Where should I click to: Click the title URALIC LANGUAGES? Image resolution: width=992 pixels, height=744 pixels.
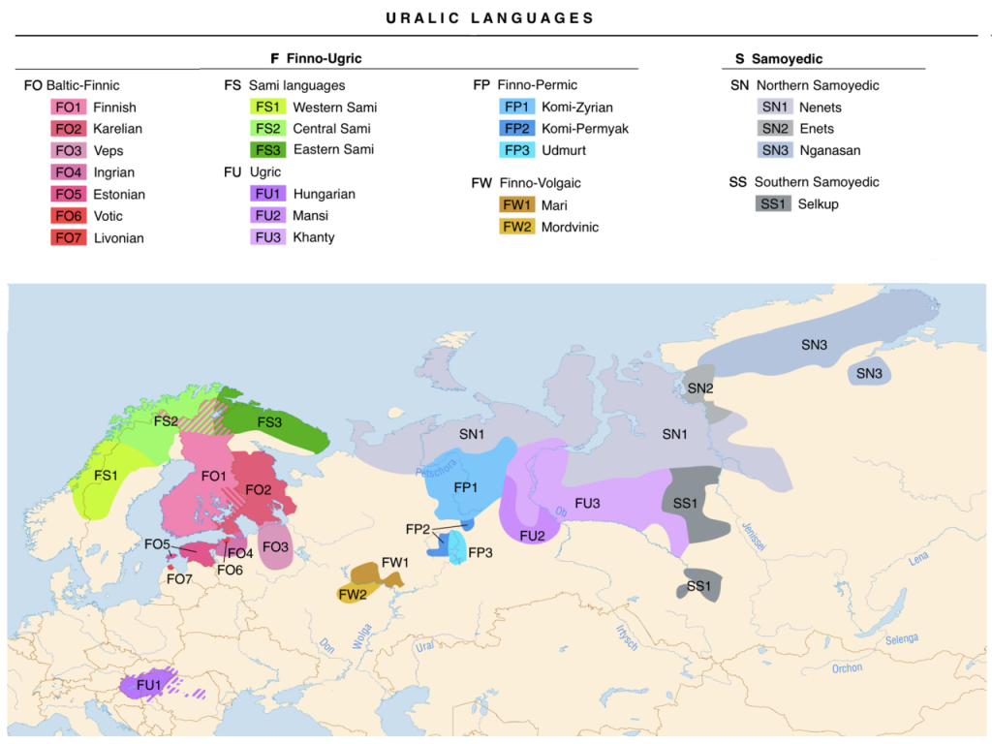489,18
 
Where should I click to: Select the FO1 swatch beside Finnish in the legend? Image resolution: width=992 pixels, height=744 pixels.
69,108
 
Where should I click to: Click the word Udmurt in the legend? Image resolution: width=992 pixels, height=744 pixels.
564,150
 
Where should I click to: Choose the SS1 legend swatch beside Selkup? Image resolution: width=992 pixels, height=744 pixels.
774,204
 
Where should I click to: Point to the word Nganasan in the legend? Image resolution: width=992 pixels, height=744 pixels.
829,150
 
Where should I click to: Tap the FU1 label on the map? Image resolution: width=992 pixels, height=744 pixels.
147,684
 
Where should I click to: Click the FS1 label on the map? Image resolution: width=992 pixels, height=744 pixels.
106,476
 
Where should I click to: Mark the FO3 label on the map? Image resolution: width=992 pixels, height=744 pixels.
276,547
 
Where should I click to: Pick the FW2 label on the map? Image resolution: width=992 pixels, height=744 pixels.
353,594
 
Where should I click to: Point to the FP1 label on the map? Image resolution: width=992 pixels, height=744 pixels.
465,487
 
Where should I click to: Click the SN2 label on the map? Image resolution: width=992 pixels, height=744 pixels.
699,387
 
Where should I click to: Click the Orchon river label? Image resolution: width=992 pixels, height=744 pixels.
846,668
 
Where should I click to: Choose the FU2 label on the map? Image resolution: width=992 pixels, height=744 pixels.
531,536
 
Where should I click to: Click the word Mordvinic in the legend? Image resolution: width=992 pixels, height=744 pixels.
570,227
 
